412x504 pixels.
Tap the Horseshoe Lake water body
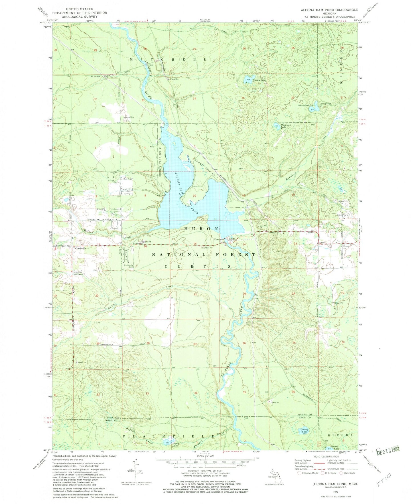(x=316, y=106)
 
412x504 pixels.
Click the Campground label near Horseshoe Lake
(x=325, y=104)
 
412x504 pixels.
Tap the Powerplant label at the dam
(x=220, y=239)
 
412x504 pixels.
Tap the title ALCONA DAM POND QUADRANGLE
(x=329, y=10)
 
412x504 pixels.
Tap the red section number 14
(x=244, y=244)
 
